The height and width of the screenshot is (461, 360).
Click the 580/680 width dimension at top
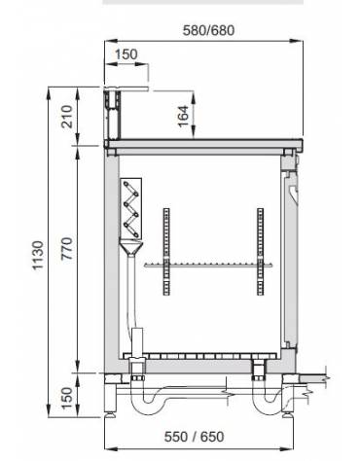(x=208, y=30)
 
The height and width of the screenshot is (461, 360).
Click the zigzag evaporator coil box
(x=130, y=211)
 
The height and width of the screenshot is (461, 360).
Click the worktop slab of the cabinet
(x=205, y=144)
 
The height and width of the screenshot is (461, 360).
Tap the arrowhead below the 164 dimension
(x=191, y=135)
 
